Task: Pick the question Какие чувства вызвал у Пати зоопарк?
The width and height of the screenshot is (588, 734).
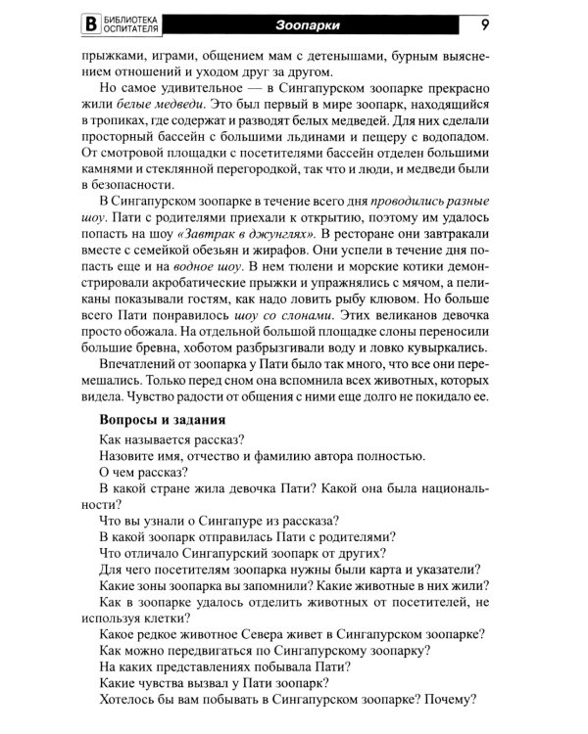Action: (x=214, y=682)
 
